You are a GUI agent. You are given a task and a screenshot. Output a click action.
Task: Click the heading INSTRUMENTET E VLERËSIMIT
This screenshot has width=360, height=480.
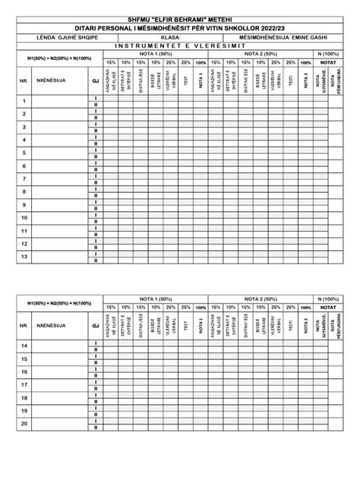pyautogui.click(x=180, y=44)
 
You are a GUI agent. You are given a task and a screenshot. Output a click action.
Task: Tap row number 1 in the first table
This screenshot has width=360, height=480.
pyautogui.click(x=24, y=101)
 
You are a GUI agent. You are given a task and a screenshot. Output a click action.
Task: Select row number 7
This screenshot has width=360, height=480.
pyautogui.click(x=24, y=178)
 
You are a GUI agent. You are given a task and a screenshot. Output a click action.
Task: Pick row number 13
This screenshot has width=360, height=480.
pyautogui.click(x=24, y=257)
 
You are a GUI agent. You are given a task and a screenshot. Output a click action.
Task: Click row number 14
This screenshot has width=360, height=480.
pyautogui.click(x=24, y=346)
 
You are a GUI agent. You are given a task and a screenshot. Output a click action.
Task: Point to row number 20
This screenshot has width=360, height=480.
pyautogui.click(x=24, y=423)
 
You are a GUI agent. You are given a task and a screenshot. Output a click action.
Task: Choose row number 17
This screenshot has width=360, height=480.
pyautogui.click(x=24, y=384)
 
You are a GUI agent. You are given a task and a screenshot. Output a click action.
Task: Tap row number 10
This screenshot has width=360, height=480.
pyautogui.click(x=24, y=217)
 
